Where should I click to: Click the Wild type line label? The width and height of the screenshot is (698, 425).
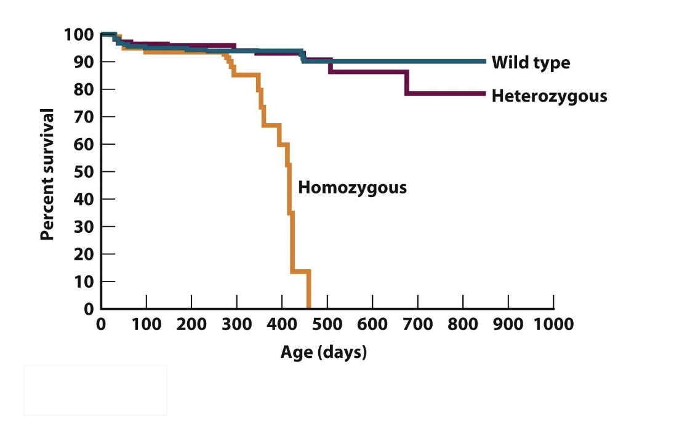tap(531, 63)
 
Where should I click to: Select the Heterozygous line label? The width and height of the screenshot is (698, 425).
tap(549, 96)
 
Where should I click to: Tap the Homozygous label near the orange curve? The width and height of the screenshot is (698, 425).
tap(352, 187)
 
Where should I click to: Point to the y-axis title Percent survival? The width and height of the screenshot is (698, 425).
tap(49, 174)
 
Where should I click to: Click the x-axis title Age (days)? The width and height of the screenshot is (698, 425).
tap(323, 352)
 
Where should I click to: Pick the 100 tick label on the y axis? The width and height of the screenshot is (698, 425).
tap(79, 34)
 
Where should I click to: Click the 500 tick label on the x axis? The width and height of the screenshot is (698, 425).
tap(327, 324)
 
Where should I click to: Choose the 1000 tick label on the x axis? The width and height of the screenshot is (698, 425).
tap(553, 324)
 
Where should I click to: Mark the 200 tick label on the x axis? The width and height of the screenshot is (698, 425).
tap(191, 324)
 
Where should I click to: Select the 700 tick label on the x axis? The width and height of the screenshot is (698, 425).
tap(417, 324)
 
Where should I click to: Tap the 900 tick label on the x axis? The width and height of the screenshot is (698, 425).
tap(508, 324)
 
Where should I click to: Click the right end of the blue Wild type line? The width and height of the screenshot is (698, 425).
tap(484, 62)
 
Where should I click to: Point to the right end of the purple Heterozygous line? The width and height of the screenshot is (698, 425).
tap(484, 94)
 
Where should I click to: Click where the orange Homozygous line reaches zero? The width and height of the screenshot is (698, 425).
tap(308, 307)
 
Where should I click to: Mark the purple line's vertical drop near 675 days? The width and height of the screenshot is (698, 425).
tap(406, 83)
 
